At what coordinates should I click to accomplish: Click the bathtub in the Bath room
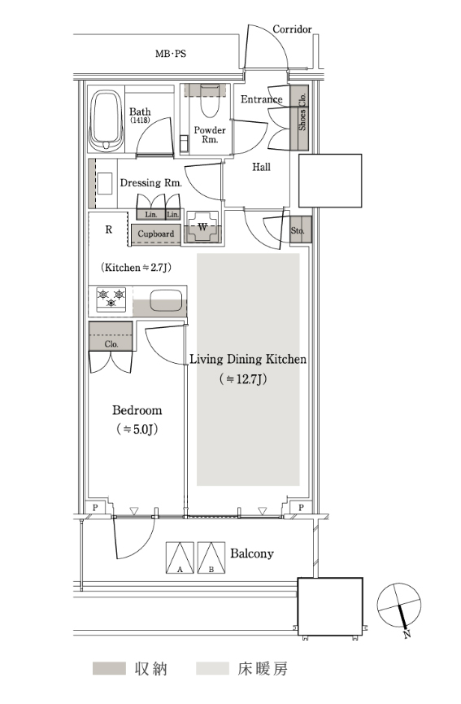pyautogui.click(x=107, y=121)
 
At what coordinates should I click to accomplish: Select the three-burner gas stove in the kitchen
pyautogui.click(x=111, y=299)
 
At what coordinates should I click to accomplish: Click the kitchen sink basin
pyautogui.click(x=166, y=300)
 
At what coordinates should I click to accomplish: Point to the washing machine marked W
pyautogui.click(x=202, y=227)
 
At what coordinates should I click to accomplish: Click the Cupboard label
pyautogui.click(x=155, y=234)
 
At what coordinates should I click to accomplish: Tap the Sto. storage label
pyautogui.click(x=298, y=231)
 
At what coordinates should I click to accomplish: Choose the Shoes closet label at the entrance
pyautogui.click(x=302, y=120)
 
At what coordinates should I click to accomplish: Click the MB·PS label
pyautogui.click(x=171, y=54)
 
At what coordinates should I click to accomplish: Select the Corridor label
pyautogui.click(x=292, y=29)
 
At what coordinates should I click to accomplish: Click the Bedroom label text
pyautogui.click(x=137, y=410)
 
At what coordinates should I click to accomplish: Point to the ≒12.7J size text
pyautogui.click(x=244, y=379)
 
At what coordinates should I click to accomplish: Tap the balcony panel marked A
pyautogui.click(x=180, y=558)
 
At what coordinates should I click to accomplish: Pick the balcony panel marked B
pyautogui.click(x=211, y=558)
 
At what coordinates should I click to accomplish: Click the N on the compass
pyautogui.click(x=407, y=634)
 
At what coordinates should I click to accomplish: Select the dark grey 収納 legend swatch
pyautogui.click(x=109, y=668)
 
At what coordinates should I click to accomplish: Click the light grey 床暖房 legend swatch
pyautogui.click(x=212, y=668)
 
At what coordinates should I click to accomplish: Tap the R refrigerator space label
pyautogui.click(x=108, y=230)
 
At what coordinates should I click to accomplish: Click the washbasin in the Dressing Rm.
pyautogui.click(x=105, y=184)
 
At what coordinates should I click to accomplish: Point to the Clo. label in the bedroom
pyautogui.click(x=111, y=344)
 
